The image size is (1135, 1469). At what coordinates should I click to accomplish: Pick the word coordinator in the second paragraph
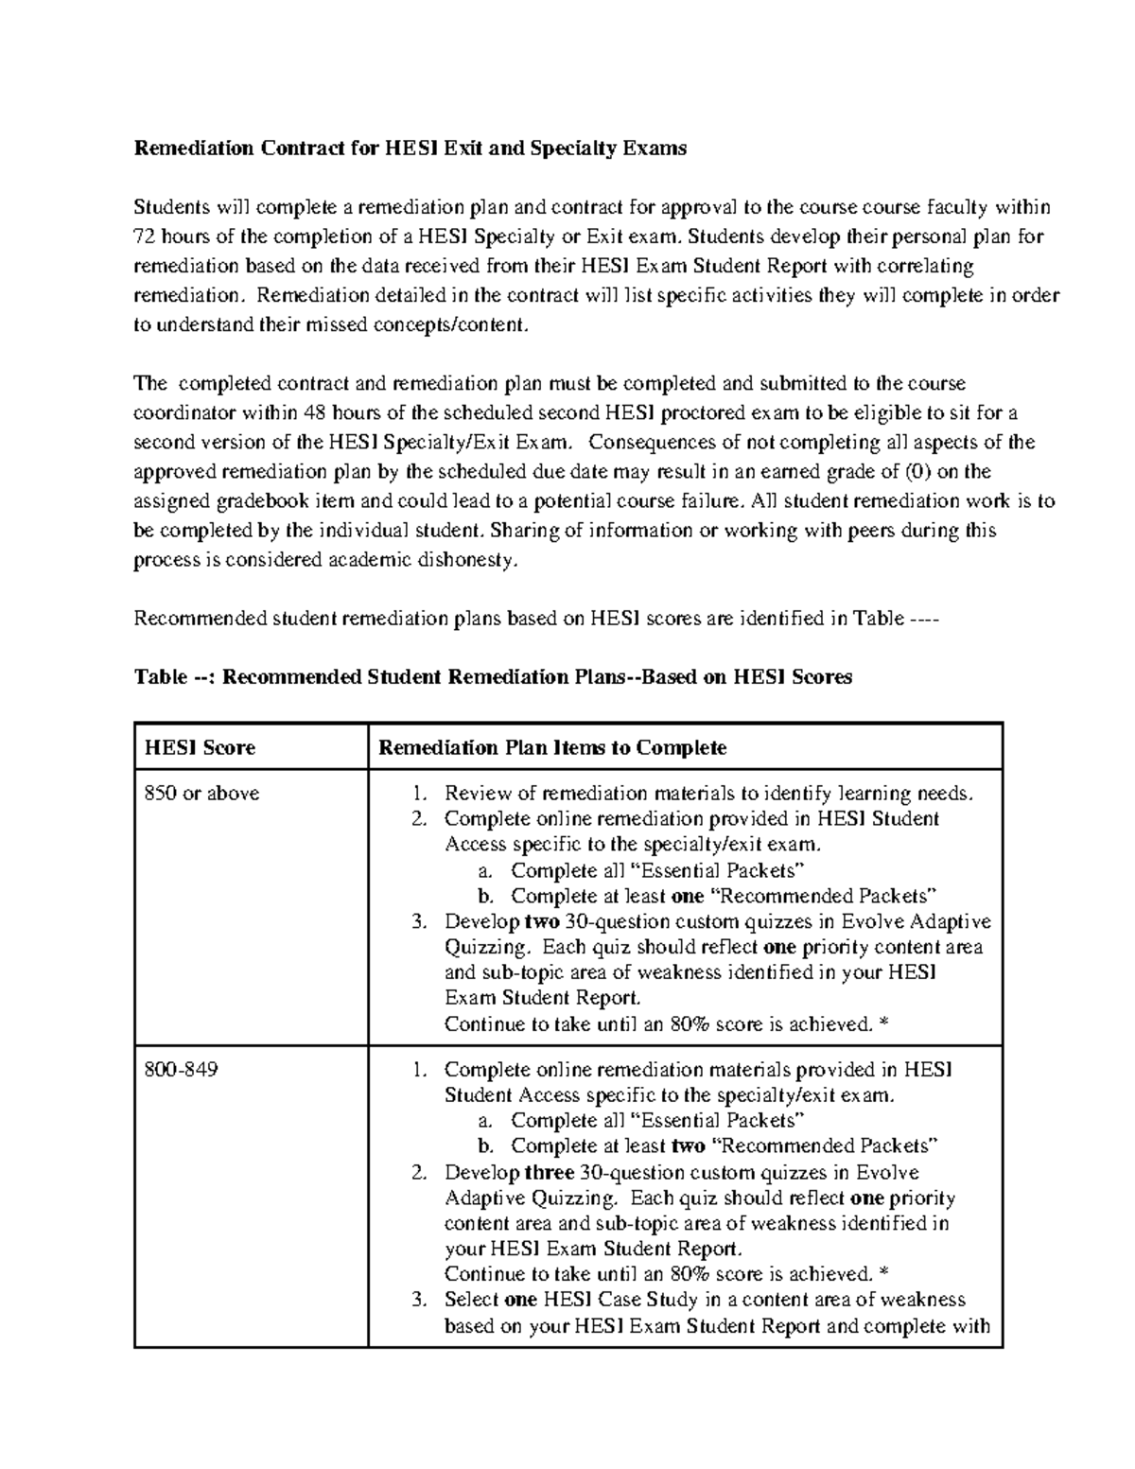coord(185,413)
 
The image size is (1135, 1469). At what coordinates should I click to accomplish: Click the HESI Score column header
coord(200,747)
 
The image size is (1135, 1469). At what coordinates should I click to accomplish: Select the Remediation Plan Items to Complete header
coord(552,747)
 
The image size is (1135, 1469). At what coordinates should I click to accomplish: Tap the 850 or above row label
coord(201,794)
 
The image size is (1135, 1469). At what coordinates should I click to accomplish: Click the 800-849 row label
coord(181,1070)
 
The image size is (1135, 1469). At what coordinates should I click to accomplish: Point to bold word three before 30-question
coord(550,1173)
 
